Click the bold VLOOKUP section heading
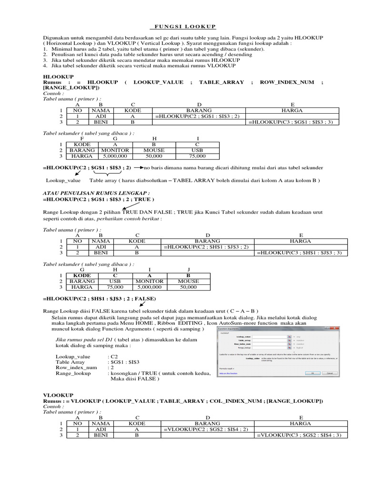pos(58,395)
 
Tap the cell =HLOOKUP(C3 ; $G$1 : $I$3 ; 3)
pos(293,122)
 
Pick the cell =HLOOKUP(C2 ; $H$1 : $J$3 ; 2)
pos(207,247)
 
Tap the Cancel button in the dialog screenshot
pos(328,373)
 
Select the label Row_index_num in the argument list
pos(76,368)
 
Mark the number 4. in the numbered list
pos(45,66)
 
